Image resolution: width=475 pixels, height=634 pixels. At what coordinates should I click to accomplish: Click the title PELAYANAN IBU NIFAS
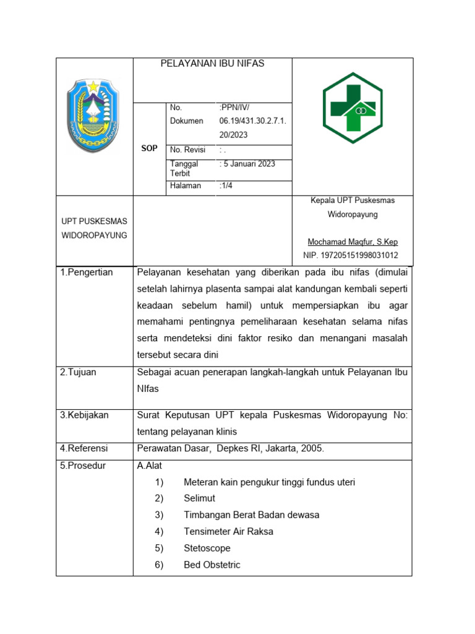212,64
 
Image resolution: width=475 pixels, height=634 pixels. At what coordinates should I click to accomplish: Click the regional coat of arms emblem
94,116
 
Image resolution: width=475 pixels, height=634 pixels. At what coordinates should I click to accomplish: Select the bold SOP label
149,149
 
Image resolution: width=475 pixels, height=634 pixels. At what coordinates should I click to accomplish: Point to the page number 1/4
226,186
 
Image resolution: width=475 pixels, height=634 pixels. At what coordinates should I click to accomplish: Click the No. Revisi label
187,150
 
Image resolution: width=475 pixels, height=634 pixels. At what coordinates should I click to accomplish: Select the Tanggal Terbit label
184,168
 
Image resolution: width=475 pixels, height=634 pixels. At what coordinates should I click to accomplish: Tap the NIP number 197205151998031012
351,255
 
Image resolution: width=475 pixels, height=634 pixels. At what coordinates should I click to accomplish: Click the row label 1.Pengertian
87,272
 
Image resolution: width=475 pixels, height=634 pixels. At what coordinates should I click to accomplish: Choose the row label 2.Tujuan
78,372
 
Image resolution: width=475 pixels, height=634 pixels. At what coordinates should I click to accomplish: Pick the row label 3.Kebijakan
84,415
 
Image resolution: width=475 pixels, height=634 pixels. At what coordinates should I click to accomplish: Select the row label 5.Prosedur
83,466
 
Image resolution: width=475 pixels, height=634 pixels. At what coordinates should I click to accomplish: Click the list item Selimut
199,498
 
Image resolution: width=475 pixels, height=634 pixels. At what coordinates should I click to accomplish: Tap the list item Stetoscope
207,548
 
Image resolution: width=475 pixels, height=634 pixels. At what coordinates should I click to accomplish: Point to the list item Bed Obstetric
212,565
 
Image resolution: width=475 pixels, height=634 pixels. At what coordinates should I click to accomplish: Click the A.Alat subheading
150,466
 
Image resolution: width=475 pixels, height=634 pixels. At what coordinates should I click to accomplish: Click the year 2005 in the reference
311,448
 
